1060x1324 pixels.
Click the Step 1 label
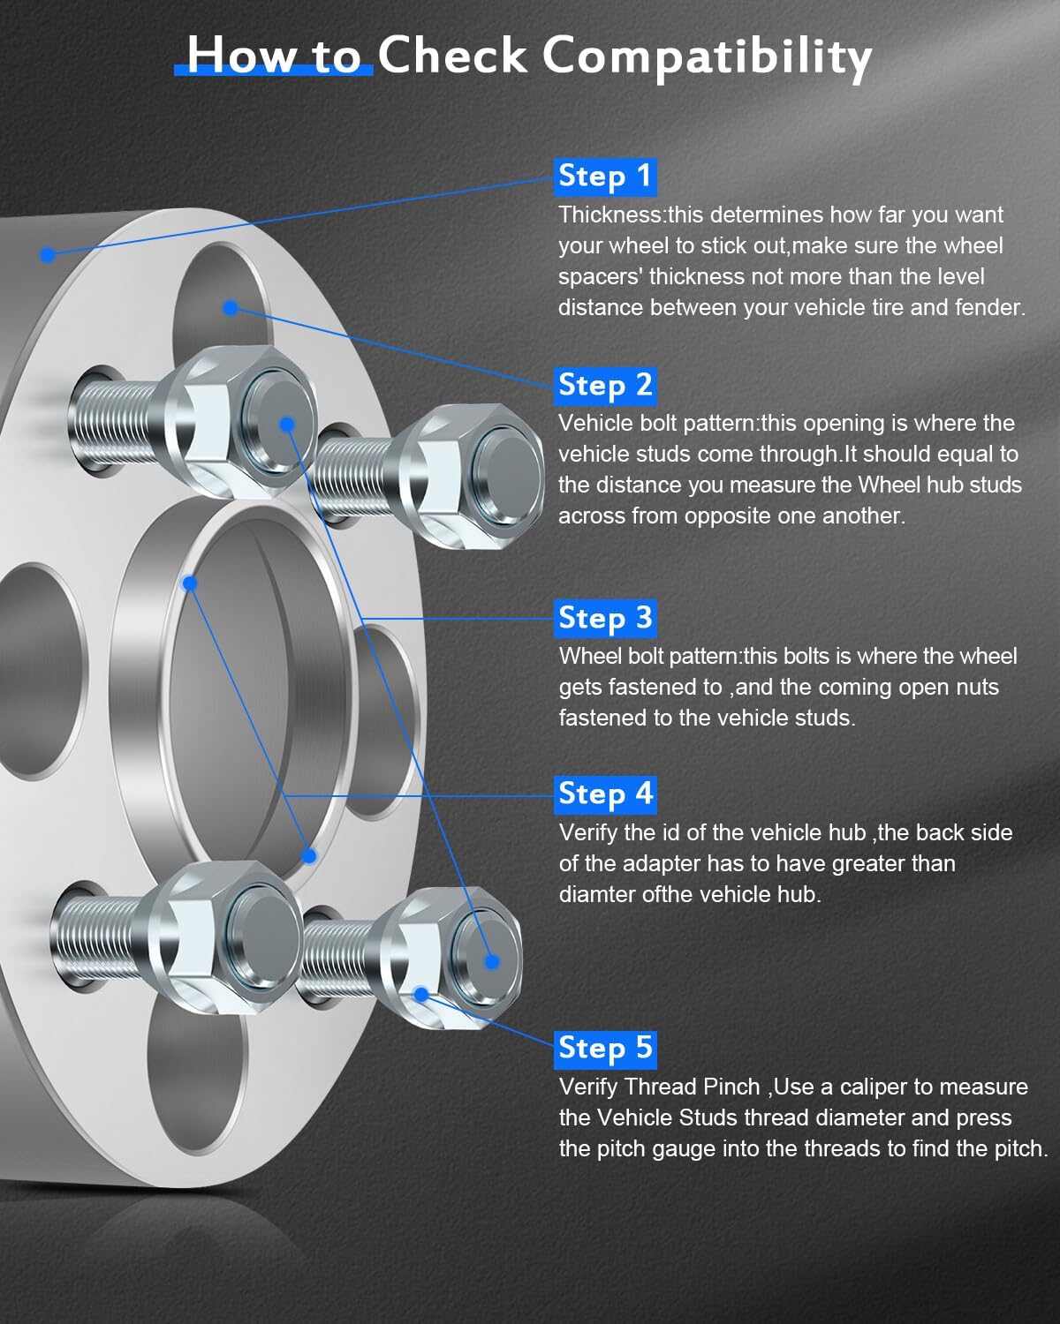click(605, 176)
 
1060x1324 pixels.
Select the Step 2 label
click(605, 385)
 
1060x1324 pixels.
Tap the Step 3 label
click(605, 618)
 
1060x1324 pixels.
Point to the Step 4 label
click(605, 794)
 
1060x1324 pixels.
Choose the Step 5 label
click(605, 1048)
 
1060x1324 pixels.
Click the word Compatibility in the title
click(707, 56)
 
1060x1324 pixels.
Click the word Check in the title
click(452, 56)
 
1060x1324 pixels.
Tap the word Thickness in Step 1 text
click(610, 214)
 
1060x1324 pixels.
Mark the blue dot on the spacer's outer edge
click(48, 254)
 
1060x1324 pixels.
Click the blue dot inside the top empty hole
click(231, 307)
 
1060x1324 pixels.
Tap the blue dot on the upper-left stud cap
click(286, 425)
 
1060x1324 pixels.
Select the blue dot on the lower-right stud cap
click(492, 962)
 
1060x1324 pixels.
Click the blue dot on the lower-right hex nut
click(421, 995)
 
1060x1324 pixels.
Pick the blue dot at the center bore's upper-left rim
click(189, 583)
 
